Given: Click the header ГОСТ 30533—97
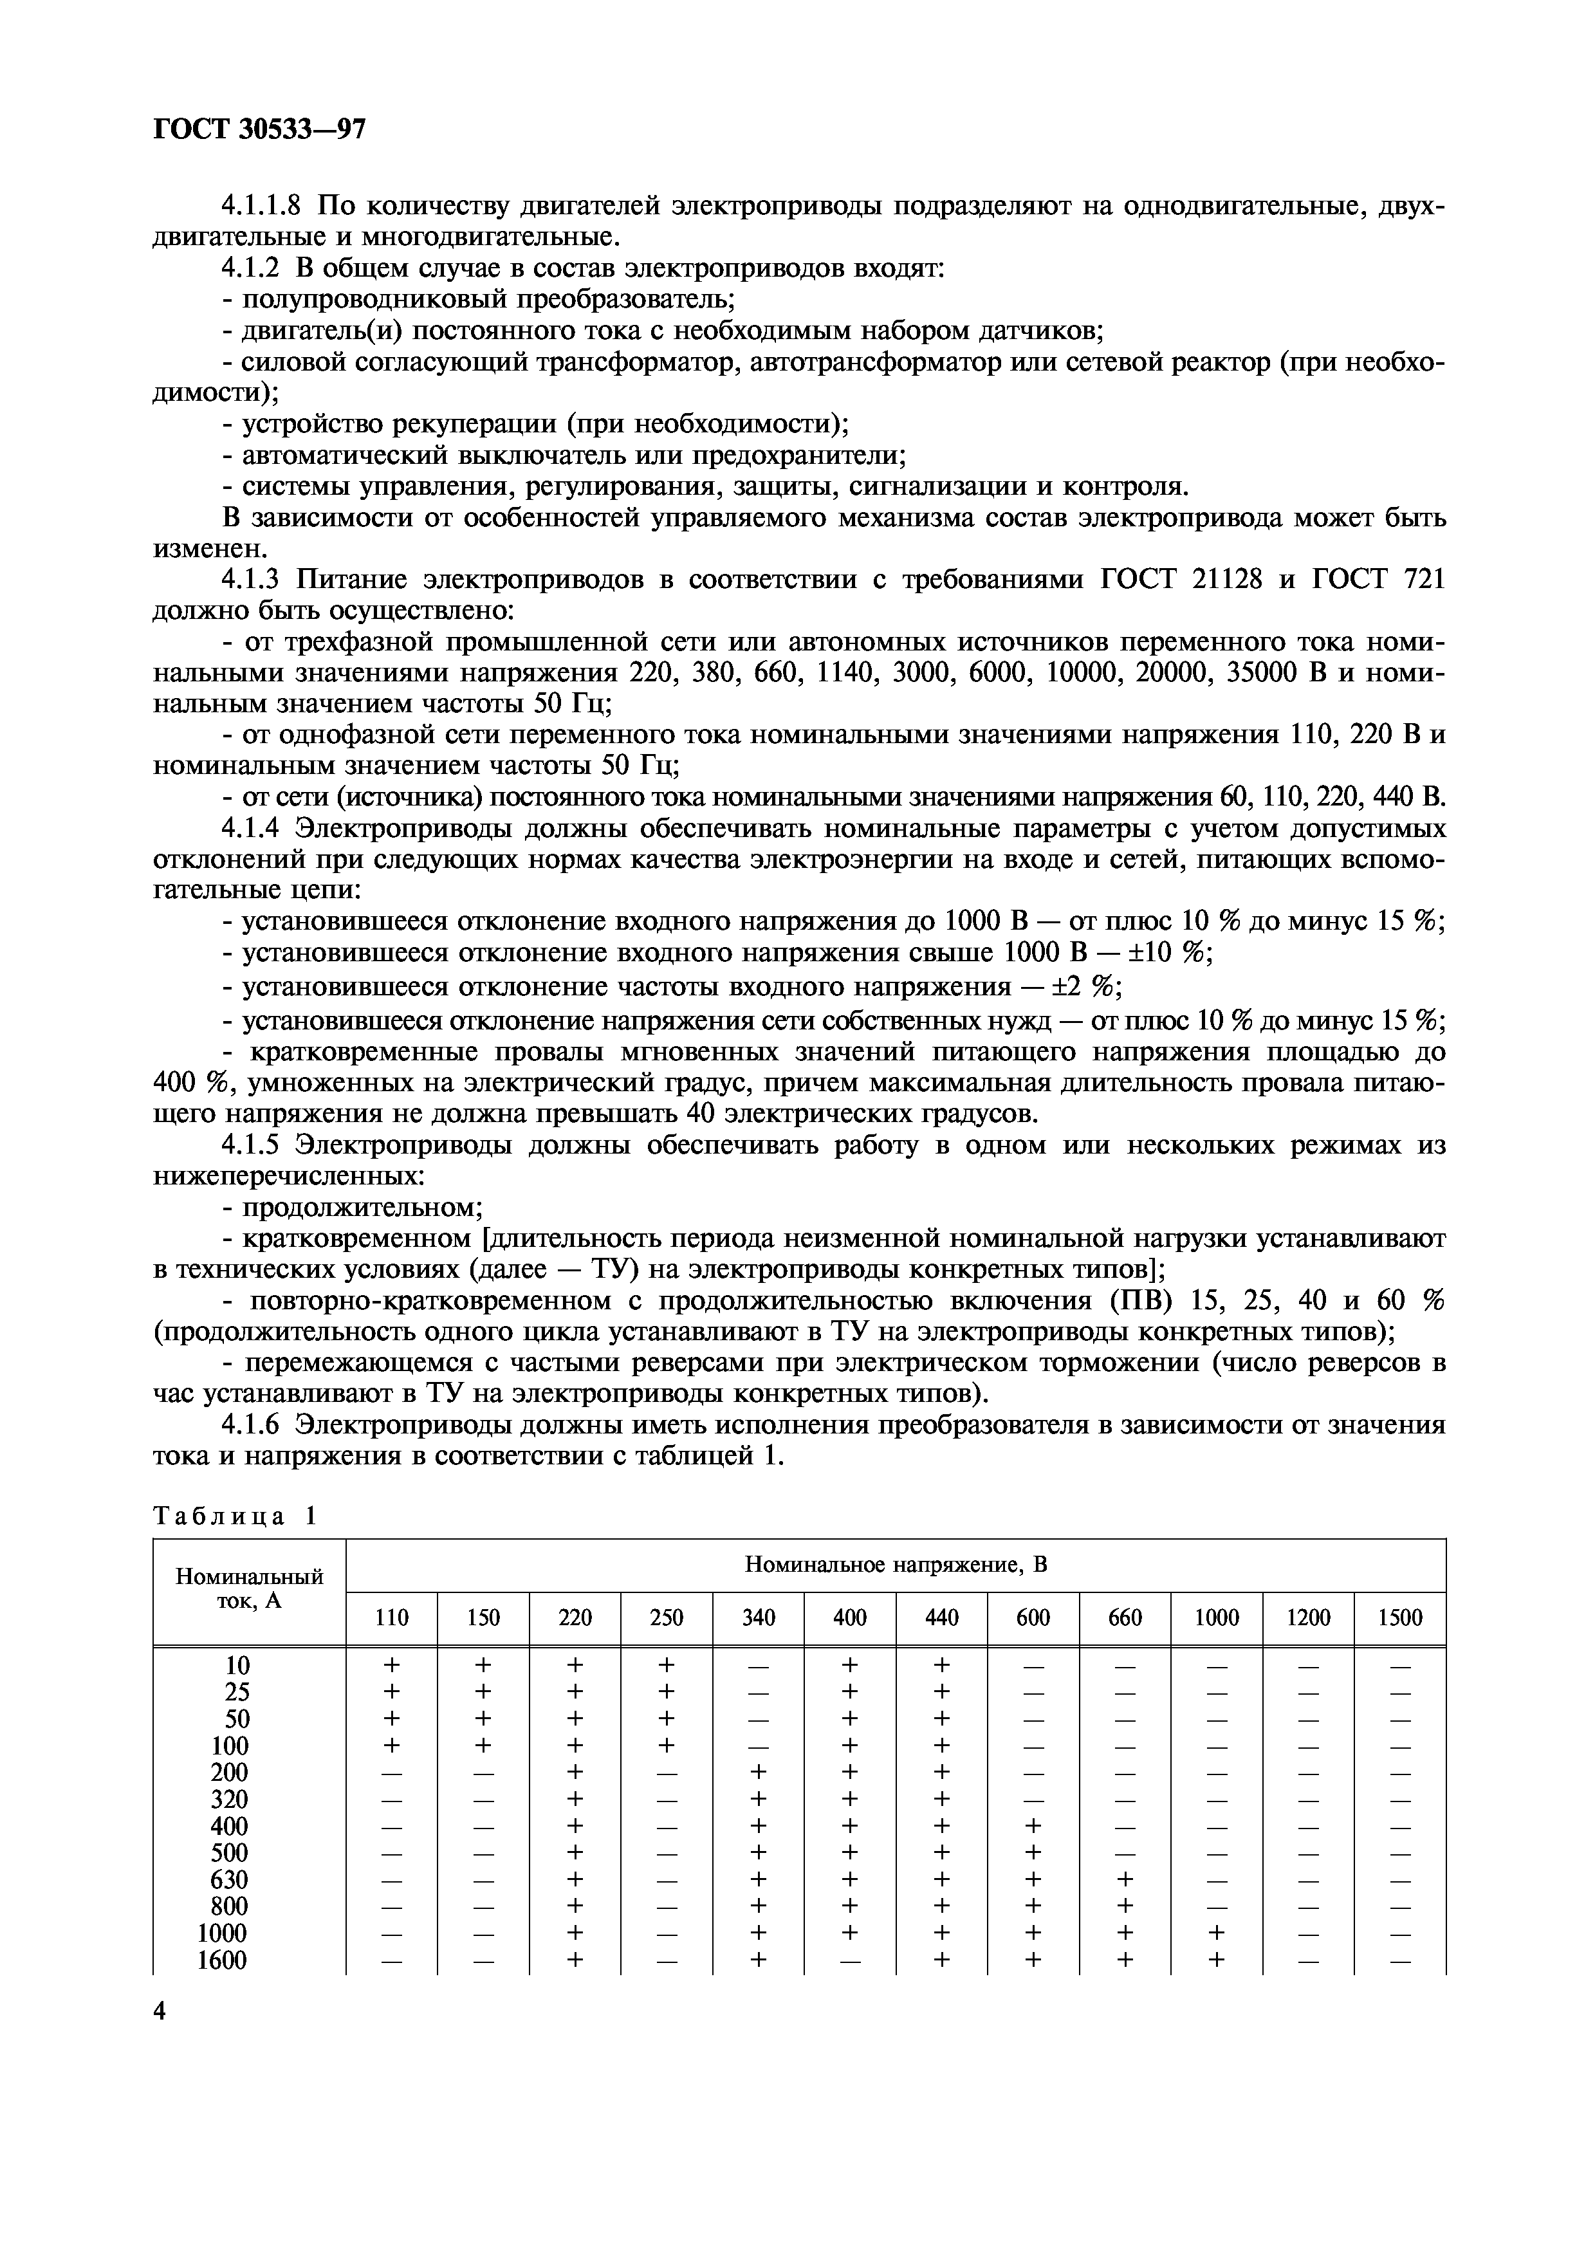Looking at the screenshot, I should [261, 131].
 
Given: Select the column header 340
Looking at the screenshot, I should [758, 1617].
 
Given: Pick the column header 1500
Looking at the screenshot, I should [1399, 1617].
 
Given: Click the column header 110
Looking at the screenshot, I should [392, 1617].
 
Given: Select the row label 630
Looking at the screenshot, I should [230, 1879].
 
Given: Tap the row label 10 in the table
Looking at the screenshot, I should [237, 1665].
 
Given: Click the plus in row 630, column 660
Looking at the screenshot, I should [1124, 1879].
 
